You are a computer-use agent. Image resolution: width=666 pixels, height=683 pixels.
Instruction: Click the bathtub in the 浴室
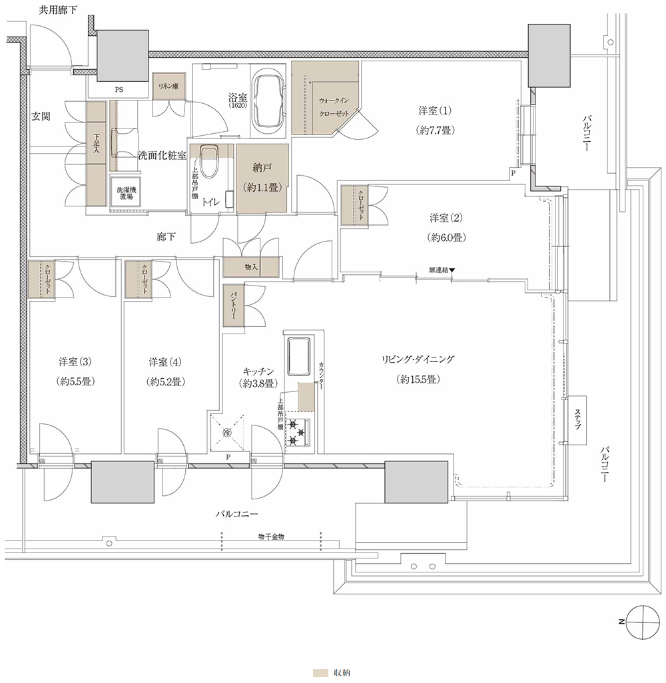pyautogui.click(x=267, y=101)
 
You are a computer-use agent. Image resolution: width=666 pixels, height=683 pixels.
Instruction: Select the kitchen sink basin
pyautogui.click(x=298, y=355)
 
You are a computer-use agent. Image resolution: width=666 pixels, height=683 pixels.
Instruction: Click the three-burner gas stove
pyautogui.click(x=298, y=433)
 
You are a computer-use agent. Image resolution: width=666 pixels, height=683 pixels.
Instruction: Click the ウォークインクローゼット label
pyautogui.click(x=334, y=107)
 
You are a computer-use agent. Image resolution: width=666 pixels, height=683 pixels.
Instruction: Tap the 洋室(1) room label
pyautogui.click(x=435, y=111)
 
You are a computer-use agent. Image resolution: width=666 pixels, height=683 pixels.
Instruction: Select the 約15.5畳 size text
pyautogui.click(x=418, y=379)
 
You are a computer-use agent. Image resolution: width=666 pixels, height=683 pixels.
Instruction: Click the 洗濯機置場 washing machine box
pyautogui.click(x=125, y=193)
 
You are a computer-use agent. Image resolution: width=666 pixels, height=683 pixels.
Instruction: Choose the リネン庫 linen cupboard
pyautogui.click(x=168, y=87)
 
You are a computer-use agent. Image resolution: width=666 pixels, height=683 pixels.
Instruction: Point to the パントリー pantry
pyautogui.click(x=234, y=306)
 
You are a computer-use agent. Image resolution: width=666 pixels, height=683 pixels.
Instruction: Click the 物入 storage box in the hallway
pyautogui.click(x=250, y=268)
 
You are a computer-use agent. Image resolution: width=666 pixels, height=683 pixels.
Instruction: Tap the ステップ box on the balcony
pyautogui.click(x=577, y=420)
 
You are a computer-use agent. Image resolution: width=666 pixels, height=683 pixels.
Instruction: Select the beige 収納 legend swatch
pyautogui.click(x=320, y=672)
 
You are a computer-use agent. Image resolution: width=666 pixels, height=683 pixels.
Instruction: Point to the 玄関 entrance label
pyautogui.click(x=41, y=116)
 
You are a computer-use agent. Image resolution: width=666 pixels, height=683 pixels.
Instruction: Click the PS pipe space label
pyautogui.click(x=119, y=90)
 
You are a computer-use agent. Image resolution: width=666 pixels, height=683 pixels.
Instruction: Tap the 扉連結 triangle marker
pyautogui.click(x=452, y=270)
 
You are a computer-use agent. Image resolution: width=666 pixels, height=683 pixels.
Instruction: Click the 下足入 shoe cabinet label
pyautogui.click(x=97, y=143)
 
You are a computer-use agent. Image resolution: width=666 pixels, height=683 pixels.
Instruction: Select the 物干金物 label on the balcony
pyautogui.click(x=271, y=537)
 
